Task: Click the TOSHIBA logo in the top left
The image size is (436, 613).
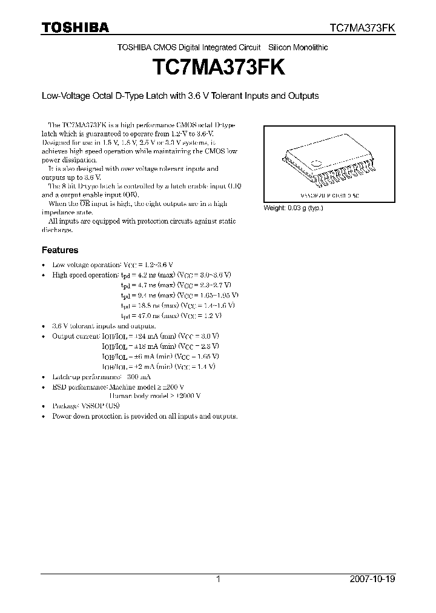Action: [x=75, y=27]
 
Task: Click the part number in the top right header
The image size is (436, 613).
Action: [x=362, y=28]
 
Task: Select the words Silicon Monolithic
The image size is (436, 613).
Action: [x=301, y=47]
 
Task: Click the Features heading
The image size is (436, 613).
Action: [x=59, y=250]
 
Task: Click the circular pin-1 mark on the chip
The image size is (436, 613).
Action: [x=317, y=162]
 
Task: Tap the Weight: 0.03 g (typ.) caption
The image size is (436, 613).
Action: [x=294, y=208]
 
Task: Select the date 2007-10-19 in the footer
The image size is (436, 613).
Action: [x=372, y=579]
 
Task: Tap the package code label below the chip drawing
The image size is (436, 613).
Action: [x=329, y=196]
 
